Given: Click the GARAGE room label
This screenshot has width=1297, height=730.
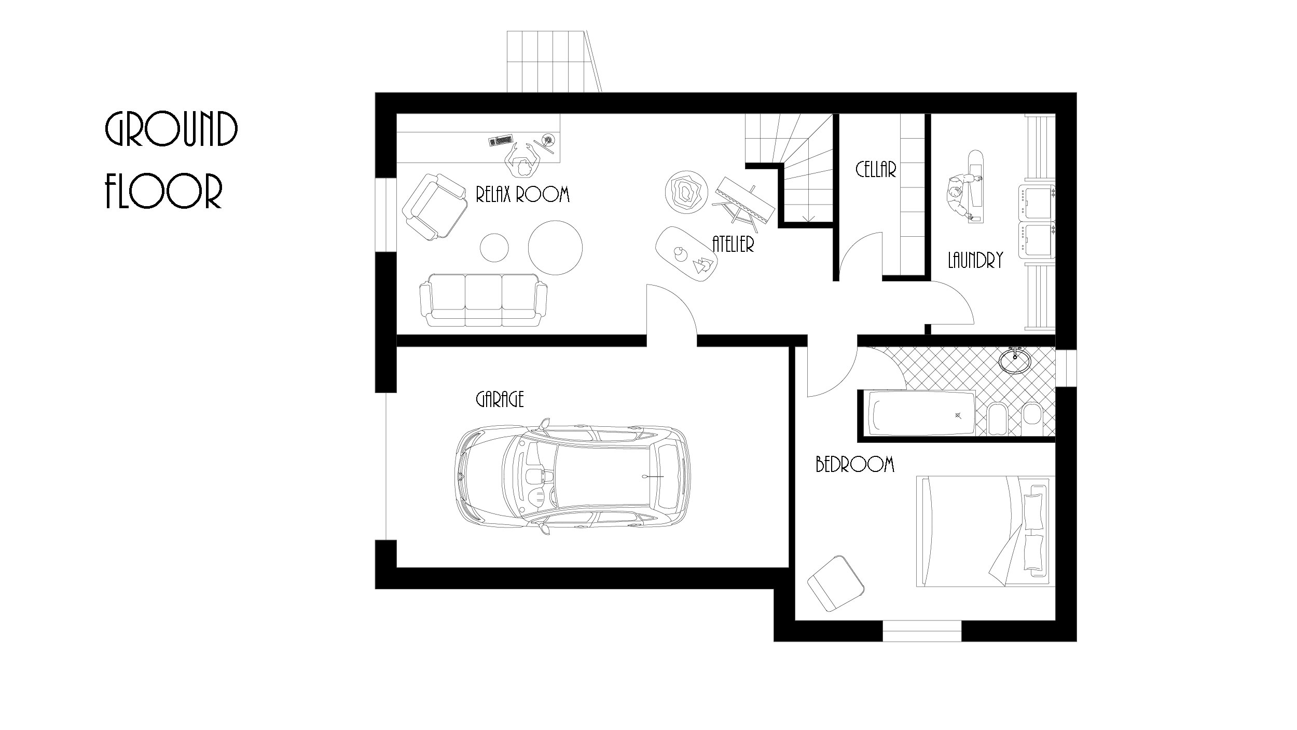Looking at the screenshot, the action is pos(500,399).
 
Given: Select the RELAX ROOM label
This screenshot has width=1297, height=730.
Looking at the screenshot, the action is pos(522,194).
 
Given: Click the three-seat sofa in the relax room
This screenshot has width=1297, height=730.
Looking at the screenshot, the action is pos(483,300).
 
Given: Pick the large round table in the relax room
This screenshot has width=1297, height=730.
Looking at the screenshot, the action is pos(555,248).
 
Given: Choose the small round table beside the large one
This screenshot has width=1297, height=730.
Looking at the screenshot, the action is pos(494,248).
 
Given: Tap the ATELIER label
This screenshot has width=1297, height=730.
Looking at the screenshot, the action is pos(733,244).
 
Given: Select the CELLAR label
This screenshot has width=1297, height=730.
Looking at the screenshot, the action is pos(876,170).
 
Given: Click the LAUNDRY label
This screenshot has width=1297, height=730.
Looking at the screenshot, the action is pos(975,260).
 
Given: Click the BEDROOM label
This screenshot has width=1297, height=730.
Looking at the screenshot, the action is pos(855,464).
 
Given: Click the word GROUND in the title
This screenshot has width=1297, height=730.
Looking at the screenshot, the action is pos(172,129).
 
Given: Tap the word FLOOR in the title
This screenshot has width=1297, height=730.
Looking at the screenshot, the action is pos(164,191).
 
